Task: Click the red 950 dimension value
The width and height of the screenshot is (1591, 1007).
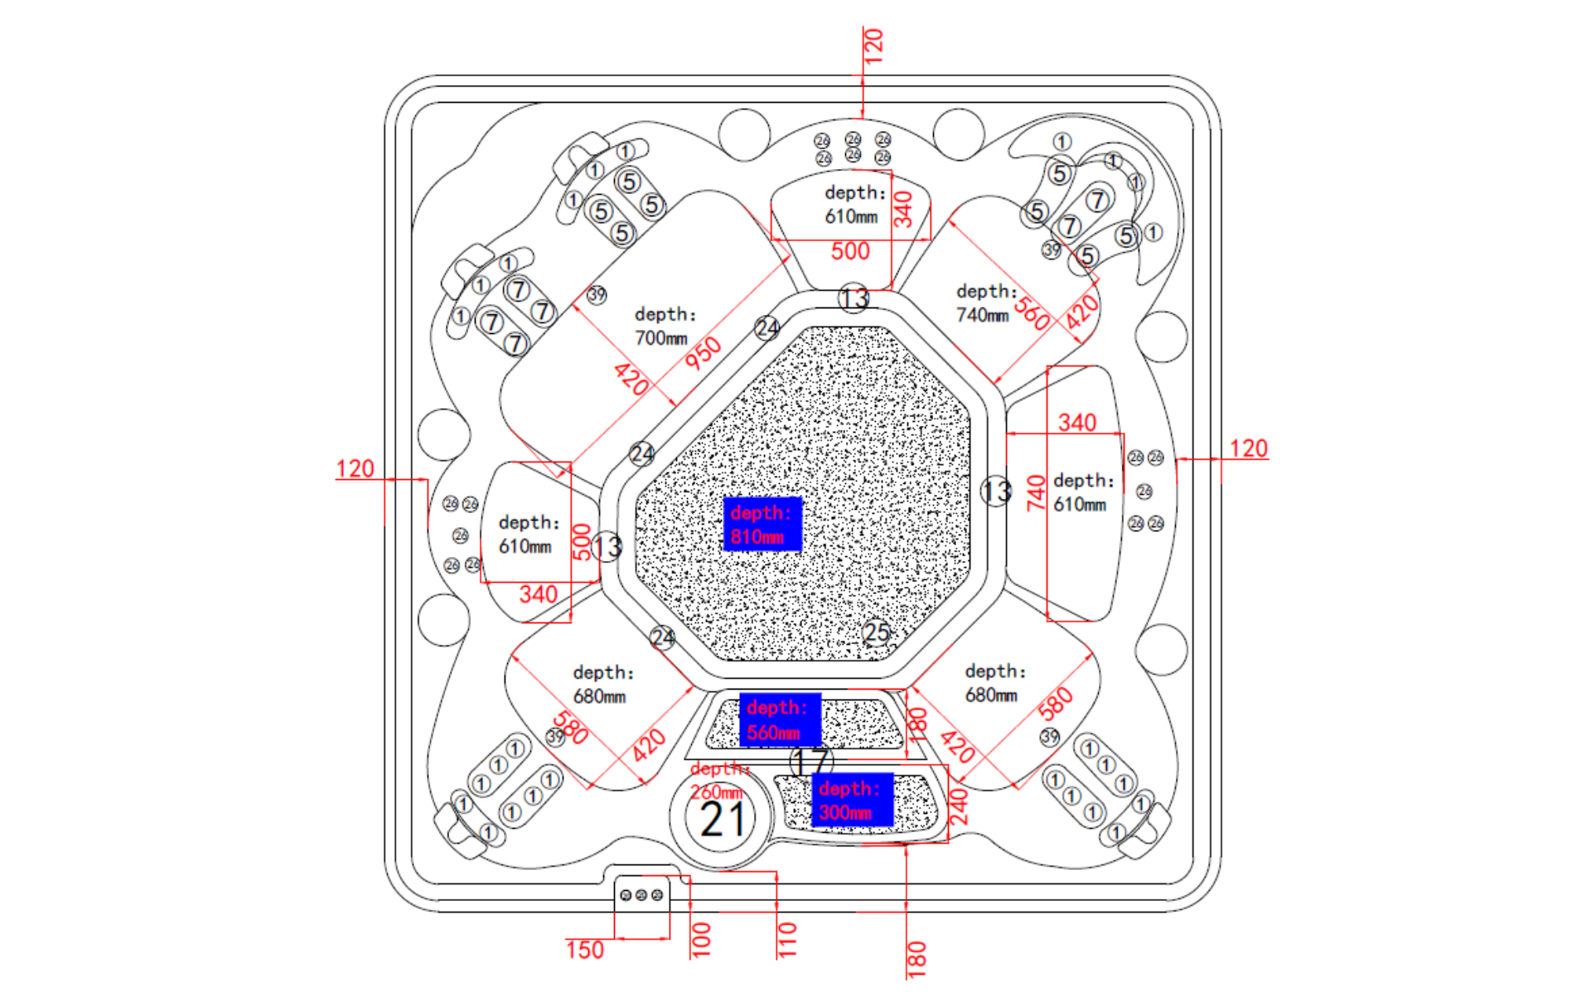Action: click(703, 353)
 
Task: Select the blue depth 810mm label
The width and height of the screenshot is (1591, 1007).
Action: click(762, 525)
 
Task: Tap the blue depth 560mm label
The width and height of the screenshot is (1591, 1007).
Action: click(779, 720)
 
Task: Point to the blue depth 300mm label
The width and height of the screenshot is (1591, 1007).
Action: click(852, 801)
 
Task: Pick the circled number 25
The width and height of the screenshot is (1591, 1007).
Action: click(876, 633)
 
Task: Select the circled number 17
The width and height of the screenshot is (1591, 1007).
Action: click(810, 761)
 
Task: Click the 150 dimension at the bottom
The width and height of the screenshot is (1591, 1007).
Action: click(585, 950)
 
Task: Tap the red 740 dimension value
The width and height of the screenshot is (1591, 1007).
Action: click(1036, 492)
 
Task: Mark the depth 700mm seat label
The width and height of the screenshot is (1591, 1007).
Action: click(665, 327)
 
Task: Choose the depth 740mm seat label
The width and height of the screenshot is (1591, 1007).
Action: click(986, 303)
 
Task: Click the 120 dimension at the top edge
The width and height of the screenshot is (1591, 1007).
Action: click(873, 46)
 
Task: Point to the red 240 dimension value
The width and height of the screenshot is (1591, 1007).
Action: click(958, 806)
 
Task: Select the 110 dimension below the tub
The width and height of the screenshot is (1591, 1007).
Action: click(786, 940)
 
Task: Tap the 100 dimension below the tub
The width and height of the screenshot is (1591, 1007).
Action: click(701, 940)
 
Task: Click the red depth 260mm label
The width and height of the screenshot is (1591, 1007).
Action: click(718, 781)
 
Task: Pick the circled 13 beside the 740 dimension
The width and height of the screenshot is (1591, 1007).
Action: click(996, 491)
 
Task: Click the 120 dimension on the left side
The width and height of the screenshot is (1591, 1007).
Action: click(355, 469)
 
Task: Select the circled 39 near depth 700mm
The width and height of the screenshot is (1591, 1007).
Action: click(597, 294)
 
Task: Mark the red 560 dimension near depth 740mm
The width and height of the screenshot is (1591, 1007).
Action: click(1032, 313)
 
